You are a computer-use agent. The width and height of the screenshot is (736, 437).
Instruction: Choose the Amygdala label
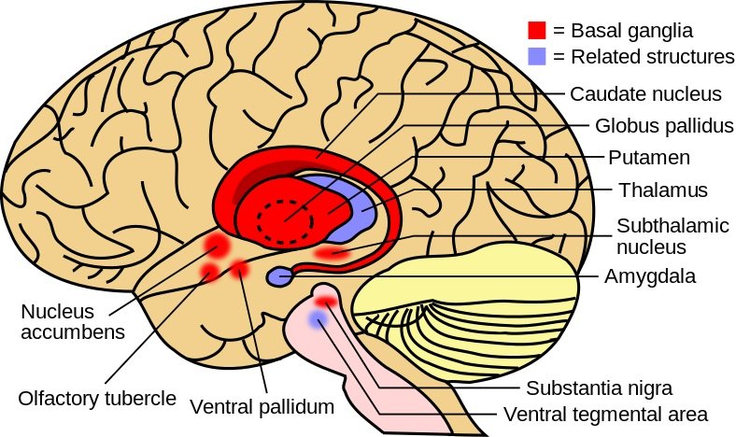tap(649, 276)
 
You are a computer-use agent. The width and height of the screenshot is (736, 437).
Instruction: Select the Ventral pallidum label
tap(262, 407)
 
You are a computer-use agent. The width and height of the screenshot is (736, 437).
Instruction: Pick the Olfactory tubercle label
tap(97, 398)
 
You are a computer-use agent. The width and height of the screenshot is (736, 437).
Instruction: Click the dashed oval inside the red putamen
tap(286, 221)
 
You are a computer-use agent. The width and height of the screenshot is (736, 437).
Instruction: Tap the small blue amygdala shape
tap(279, 276)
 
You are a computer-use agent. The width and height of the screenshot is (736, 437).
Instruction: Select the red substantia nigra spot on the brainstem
tap(326, 301)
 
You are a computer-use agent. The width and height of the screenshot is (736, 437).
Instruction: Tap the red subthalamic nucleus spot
tap(332, 252)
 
